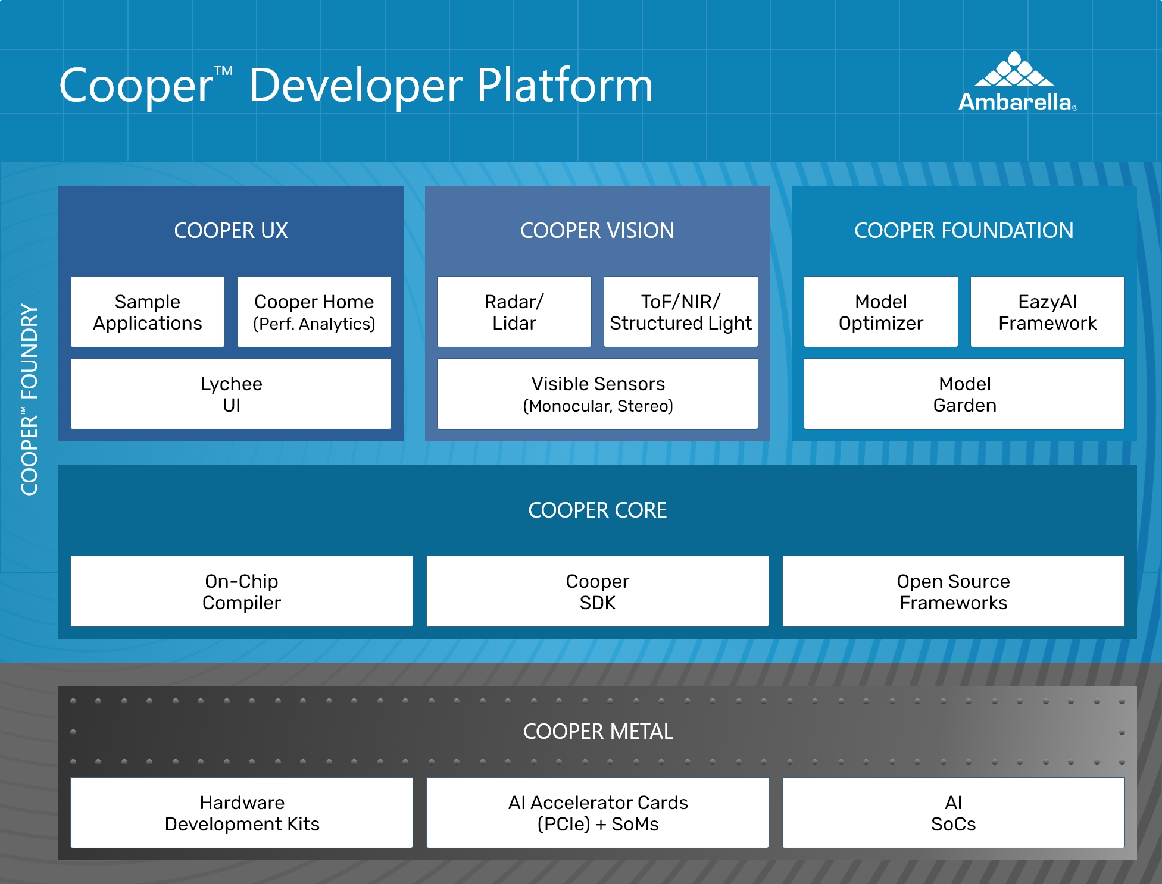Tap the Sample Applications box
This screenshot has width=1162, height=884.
click(x=148, y=312)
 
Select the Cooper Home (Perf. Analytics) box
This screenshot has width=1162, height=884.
click(x=314, y=312)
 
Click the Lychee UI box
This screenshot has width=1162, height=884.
click(x=231, y=394)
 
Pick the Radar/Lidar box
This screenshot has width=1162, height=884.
click(x=514, y=312)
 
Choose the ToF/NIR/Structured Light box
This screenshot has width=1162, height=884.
click(x=681, y=312)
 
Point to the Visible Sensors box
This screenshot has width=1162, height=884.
click(x=598, y=394)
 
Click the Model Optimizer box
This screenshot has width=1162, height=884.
click(x=881, y=312)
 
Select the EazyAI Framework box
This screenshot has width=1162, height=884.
click(x=1048, y=312)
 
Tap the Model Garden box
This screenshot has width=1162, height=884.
click(x=964, y=394)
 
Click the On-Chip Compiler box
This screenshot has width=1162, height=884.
click(x=242, y=591)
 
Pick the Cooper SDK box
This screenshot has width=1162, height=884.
click(x=598, y=591)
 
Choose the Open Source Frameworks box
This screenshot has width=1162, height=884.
click(x=954, y=591)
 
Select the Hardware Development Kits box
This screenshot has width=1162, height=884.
click(x=242, y=813)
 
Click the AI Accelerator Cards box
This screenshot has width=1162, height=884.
click(x=598, y=813)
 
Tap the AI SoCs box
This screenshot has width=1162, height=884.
click(x=954, y=813)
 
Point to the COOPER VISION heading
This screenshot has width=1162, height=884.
click(x=597, y=231)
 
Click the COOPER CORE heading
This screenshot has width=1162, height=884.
click(x=597, y=510)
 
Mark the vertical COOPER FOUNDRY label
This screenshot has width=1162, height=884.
click(x=29, y=400)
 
